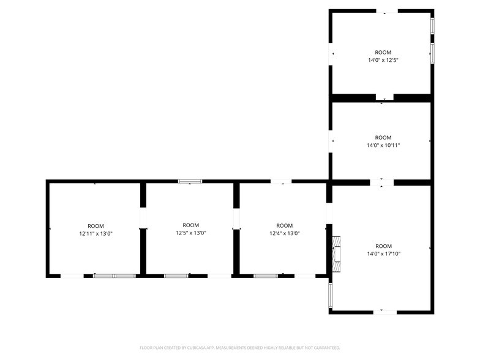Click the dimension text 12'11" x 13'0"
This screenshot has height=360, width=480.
96,234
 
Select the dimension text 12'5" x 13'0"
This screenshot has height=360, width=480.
191,233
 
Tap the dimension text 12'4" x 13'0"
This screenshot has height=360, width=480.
285,233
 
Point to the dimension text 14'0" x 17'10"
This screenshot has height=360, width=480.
383,253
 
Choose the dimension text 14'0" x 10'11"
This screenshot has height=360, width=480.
383,145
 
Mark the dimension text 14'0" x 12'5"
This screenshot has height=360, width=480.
383,60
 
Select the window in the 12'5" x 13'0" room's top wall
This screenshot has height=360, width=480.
190,181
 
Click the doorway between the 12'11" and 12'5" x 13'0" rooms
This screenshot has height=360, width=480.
143,219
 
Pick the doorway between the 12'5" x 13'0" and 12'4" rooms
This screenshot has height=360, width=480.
236,219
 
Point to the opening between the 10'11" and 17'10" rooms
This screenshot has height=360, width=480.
382,182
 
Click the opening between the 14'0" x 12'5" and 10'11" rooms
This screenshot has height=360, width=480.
384,97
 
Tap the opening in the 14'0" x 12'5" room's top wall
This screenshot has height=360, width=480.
386,10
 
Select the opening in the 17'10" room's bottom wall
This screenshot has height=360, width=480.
385,311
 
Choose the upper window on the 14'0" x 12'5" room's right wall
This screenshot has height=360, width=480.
432,26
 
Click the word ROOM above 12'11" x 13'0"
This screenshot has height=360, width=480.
96,226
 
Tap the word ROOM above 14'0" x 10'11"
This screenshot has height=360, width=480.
383,137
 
